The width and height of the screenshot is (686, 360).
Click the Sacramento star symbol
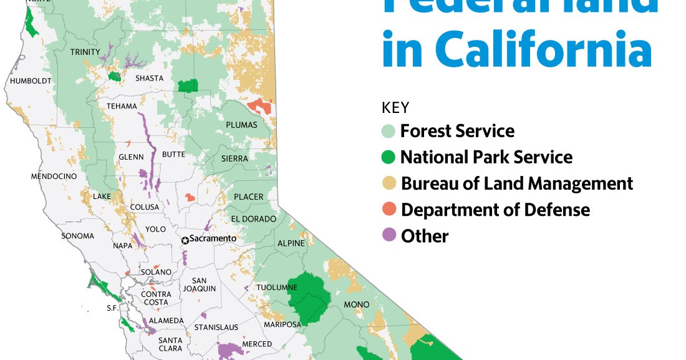(x=185, y=240)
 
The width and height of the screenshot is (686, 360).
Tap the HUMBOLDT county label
(x=31, y=81)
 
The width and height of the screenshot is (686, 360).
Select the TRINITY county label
(x=85, y=52)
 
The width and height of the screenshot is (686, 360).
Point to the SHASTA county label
(x=150, y=79)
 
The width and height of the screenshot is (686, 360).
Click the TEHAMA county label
(x=122, y=106)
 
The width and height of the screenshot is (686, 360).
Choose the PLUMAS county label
(x=241, y=125)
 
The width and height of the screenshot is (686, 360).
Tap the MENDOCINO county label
(x=54, y=177)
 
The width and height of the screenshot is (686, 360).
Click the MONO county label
(x=357, y=304)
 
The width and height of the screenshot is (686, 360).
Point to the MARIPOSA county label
(x=282, y=324)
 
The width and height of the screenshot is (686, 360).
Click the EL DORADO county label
(x=254, y=219)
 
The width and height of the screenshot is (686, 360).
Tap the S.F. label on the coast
(x=112, y=308)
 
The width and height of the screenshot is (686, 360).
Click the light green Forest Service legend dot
(x=389, y=132)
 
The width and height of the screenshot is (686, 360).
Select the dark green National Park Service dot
(x=389, y=157)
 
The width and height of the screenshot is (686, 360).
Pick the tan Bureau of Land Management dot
(x=389, y=183)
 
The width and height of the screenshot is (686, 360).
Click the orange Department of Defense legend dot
(x=389, y=209)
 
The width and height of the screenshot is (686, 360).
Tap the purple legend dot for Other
(x=389, y=235)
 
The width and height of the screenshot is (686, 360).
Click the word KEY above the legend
(x=395, y=107)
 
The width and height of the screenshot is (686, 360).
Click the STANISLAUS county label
(x=216, y=327)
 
